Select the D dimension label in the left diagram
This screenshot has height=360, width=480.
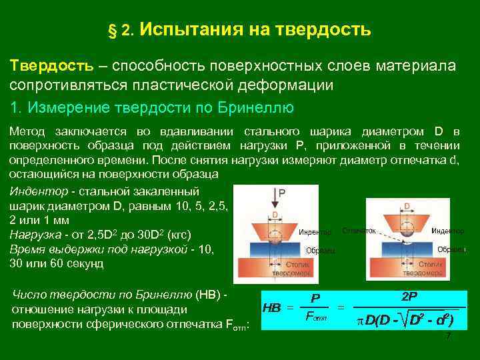273,215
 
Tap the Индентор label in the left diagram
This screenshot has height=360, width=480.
315,232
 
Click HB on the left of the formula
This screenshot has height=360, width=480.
271,308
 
